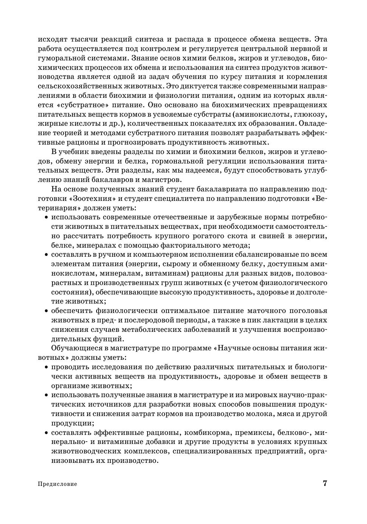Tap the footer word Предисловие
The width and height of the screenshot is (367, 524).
57,484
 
